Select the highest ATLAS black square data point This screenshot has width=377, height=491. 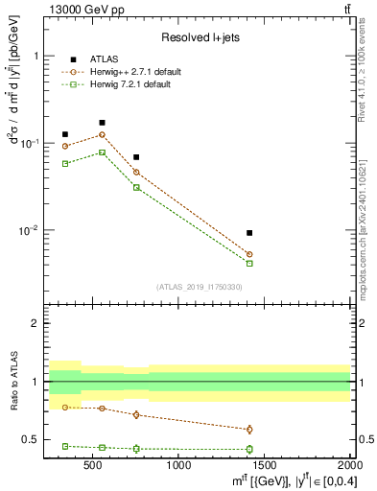[x=102, y=123]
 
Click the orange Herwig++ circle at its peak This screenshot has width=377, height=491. [x=102, y=134]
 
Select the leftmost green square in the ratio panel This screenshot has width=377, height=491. [x=65, y=446]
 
